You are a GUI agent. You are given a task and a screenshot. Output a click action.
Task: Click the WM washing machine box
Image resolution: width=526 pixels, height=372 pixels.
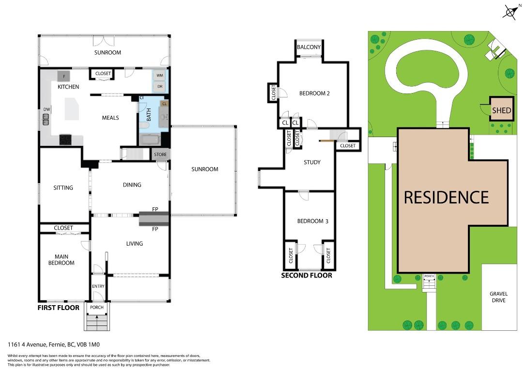159,76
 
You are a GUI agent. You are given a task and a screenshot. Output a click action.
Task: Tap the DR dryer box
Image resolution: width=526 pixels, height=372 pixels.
159,87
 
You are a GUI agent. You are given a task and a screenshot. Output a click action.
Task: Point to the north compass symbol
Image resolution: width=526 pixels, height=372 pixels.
510,12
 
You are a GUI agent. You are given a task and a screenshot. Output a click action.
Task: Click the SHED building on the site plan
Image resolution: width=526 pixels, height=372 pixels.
501,110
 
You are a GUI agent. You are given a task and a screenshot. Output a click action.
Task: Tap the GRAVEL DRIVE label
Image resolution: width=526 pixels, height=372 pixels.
497,297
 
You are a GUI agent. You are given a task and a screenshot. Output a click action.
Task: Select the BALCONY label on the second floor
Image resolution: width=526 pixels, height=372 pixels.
309,47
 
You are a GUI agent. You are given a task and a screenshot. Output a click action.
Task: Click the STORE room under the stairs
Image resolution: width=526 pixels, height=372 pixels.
160,155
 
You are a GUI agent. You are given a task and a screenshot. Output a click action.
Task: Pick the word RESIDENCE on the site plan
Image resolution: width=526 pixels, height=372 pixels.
446,197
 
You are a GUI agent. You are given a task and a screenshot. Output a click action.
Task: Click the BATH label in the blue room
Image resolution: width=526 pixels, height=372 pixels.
149,115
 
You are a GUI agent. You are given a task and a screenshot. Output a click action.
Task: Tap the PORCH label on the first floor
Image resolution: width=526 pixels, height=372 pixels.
97,308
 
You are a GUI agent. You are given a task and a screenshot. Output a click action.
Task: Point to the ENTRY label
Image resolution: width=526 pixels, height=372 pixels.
98,286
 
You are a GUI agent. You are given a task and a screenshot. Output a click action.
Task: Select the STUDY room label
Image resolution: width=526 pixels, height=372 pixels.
312,162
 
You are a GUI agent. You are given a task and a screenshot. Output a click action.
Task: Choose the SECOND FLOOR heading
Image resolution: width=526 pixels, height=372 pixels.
307,276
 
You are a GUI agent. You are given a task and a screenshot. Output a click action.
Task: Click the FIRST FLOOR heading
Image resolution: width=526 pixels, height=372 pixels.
58,308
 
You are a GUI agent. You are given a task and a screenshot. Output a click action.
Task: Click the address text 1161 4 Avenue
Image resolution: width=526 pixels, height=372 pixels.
53,345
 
